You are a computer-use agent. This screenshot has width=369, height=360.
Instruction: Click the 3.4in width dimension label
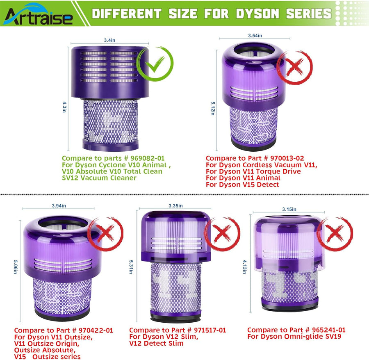(x=109, y=40)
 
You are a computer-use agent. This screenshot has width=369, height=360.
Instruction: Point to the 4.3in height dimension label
(x=64, y=107)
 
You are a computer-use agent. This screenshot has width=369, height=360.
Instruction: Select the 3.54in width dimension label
(x=255, y=36)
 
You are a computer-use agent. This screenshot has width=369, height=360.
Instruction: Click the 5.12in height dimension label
(x=213, y=108)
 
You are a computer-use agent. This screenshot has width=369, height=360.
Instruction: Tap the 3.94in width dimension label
(x=59, y=206)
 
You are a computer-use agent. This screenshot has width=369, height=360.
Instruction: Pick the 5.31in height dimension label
(x=131, y=267)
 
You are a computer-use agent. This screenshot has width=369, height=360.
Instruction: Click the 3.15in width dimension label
(x=289, y=209)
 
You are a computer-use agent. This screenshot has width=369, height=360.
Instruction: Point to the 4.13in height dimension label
(x=244, y=267)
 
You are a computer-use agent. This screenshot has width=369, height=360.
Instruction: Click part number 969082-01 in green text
(x=148, y=158)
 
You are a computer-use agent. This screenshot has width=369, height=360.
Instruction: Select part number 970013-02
(x=287, y=158)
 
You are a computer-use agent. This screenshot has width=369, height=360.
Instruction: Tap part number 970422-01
(x=96, y=330)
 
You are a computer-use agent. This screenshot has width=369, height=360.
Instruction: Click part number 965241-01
(x=328, y=330)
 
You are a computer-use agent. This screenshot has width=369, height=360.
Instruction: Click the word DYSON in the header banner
(x=258, y=14)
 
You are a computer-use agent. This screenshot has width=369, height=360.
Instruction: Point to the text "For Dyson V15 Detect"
(x=242, y=185)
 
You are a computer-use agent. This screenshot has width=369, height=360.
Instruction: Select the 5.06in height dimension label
(x=15, y=267)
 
